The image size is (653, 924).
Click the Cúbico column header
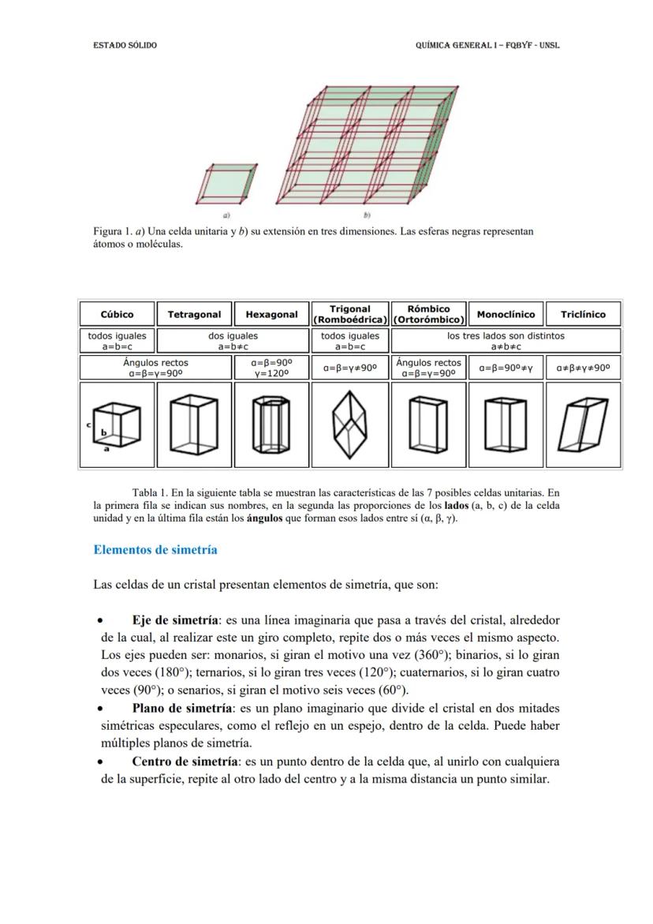(x=117, y=314)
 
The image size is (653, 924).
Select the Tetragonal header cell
(x=194, y=314)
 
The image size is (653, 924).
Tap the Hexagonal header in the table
(x=271, y=314)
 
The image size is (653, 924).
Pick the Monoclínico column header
(x=506, y=314)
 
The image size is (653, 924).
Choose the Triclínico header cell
(x=583, y=314)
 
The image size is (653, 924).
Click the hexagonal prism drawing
(x=271, y=425)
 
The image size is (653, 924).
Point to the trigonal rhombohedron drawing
(x=349, y=425)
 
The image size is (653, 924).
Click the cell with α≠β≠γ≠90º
(x=583, y=367)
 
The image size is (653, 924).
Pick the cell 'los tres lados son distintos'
(x=506, y=335)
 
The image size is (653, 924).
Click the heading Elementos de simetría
(x=155, y=550)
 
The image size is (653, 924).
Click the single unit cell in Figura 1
(x=226, y=182)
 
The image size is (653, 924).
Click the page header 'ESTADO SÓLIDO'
(x=125, y=45)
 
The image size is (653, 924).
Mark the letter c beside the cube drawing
(x=88, y=424)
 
